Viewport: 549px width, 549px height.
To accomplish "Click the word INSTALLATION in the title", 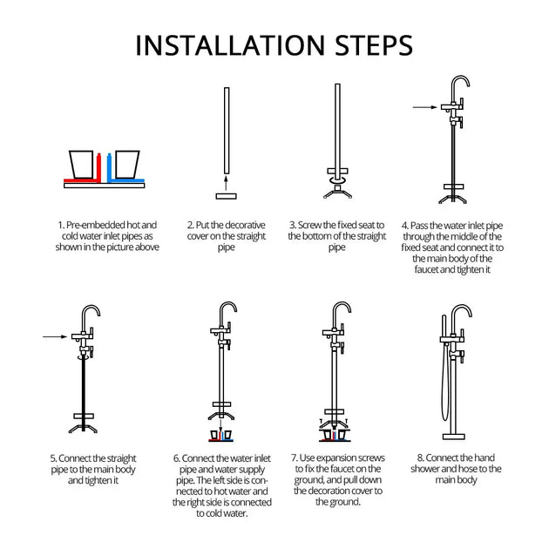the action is (x=230, y=45).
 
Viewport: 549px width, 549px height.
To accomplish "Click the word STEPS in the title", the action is (x=374, y=45).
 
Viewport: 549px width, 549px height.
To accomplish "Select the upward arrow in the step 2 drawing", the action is (x=227, y=183).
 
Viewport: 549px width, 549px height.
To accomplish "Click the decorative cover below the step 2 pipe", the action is (x=227, y=196).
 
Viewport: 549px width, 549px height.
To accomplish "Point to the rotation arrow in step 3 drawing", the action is (x=337, y=180).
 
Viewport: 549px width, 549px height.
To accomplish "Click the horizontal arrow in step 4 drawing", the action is (x=424, y=107).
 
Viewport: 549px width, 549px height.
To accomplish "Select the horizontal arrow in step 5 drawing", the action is (x=55, y=337).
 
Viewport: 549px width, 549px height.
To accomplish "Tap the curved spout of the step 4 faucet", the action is (x=460, y=84).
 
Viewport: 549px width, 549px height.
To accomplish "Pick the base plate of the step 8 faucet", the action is (x=454, y=437).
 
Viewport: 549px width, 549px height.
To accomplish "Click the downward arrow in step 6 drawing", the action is (x=221, y=425).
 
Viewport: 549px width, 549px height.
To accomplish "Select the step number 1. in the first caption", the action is (x=61, y=225).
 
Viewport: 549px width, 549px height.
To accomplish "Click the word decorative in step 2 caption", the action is (x=245, y=225).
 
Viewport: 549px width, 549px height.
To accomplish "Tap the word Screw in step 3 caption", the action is (x=309, y=225).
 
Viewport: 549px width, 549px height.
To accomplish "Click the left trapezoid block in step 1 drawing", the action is (x=81, y=164).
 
